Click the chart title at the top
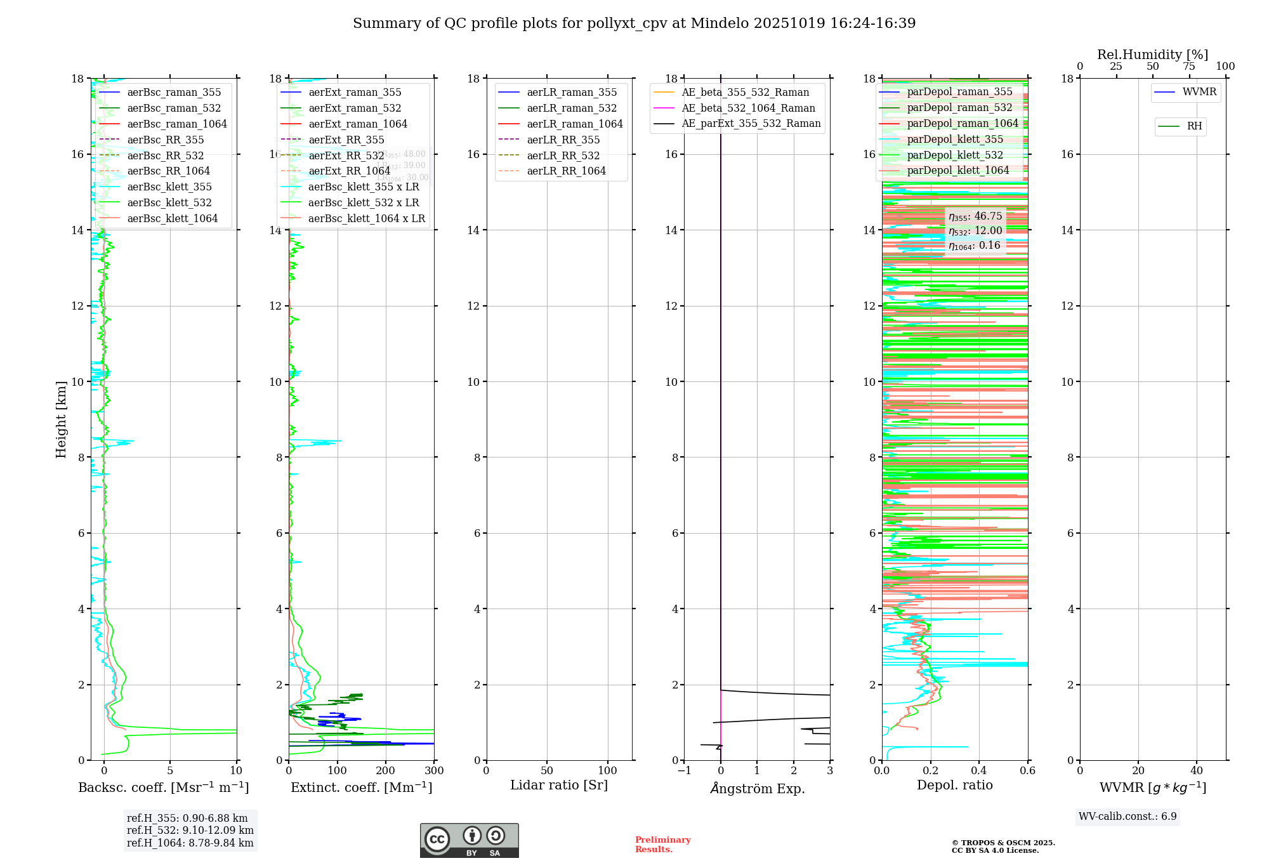pyautogui.click(x=634, y=23)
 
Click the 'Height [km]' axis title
pyautogui.click(x=61, y=419)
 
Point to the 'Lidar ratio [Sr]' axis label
pyautogui.click(x=559, y=785)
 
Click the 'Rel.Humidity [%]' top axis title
pyautogui.click(x=1152, y=55)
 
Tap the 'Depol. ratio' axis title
pyautogui.click(x=954, y=785)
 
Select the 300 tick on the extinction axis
pyautogui.click(x=435, y=771)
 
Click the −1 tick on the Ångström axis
pyautogui.click(x=684, y=771)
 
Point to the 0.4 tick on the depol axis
pyautogui.click(x=979, y=771)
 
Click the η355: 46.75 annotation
pyautogui.click(x=975, y=216)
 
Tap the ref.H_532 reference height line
pyautogui.click(x=190, y=831)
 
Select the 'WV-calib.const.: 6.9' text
pyautogui.click(x=1128, y=817)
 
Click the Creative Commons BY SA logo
pyautogui.click(x=469, y=840)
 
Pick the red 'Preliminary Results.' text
pyautogui.click(x=662, y=845)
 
